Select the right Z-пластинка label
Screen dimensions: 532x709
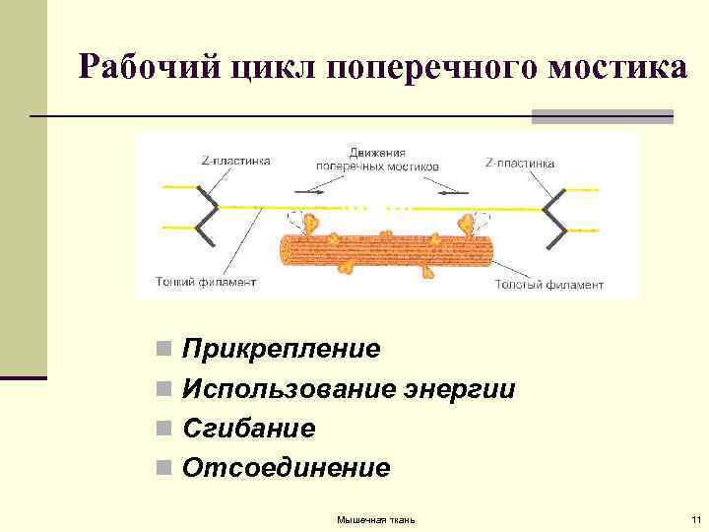520,163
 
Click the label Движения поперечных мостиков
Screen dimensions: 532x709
377,160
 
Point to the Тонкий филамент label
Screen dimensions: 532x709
206,282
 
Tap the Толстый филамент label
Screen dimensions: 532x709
548,284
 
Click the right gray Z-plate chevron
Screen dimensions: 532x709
553,218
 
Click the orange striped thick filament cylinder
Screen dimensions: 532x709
384,253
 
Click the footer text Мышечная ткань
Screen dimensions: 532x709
376,519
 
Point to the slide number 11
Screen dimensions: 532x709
695,519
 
